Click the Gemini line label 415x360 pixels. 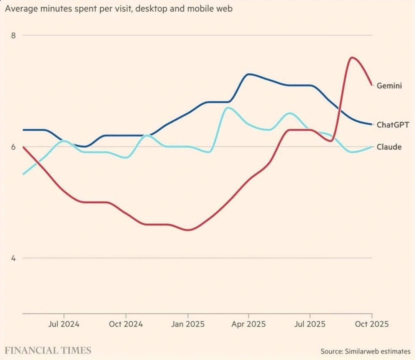(389, 86)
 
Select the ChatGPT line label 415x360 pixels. (393, 124)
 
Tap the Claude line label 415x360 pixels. (389, 147)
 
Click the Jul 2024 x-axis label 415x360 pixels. (64, 324)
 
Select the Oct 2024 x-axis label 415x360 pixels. (126, 324)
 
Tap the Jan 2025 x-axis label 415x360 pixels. (188, 324)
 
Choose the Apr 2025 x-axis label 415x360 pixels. (249, 324)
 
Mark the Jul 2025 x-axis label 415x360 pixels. (310, 324)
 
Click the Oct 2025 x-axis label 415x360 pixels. (372, 324)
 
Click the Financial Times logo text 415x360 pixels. (48, 350)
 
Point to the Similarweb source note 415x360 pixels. (365, 351)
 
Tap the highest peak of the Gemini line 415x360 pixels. (352, 58)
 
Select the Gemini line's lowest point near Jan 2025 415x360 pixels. (188, 230)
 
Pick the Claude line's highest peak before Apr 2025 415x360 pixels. (227, 108)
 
